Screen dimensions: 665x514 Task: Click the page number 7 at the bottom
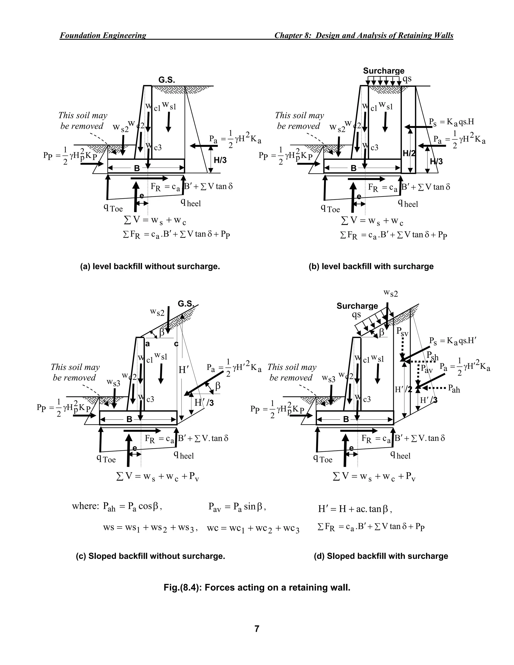pyautogui.click(x=257, y=629)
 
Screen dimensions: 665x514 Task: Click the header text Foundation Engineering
pyautogui.click(x=103, y=35)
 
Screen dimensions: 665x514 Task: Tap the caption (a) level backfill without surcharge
pyautogui.click(x=150, y=267)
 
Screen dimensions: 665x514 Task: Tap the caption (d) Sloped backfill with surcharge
pyautogui.click(x=381, y=556)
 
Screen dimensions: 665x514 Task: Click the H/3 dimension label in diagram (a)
pyautogui.click(x=220, y=160)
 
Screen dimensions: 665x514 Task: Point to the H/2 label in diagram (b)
pyautogui.click(x=409, y=153)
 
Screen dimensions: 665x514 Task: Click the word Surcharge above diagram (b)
pyautogui.click(x=383, y=71)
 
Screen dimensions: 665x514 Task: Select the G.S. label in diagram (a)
pyautogui.click(x=167, y=80)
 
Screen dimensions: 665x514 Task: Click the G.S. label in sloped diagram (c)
pyautogui.click(x=185, y=304)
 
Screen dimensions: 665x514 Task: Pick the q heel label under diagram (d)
pyautogui.click(x=400, y=455)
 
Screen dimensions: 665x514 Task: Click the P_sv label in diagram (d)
pyautogui.click(x=402, y=331)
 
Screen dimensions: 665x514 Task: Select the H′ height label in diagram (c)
pyautogui.click(x=184, y=370)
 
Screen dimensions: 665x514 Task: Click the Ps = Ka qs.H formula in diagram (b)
pyautogui.click(x=452, y=122)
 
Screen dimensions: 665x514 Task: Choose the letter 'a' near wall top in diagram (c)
pyautogui.click(x=147, y=344)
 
